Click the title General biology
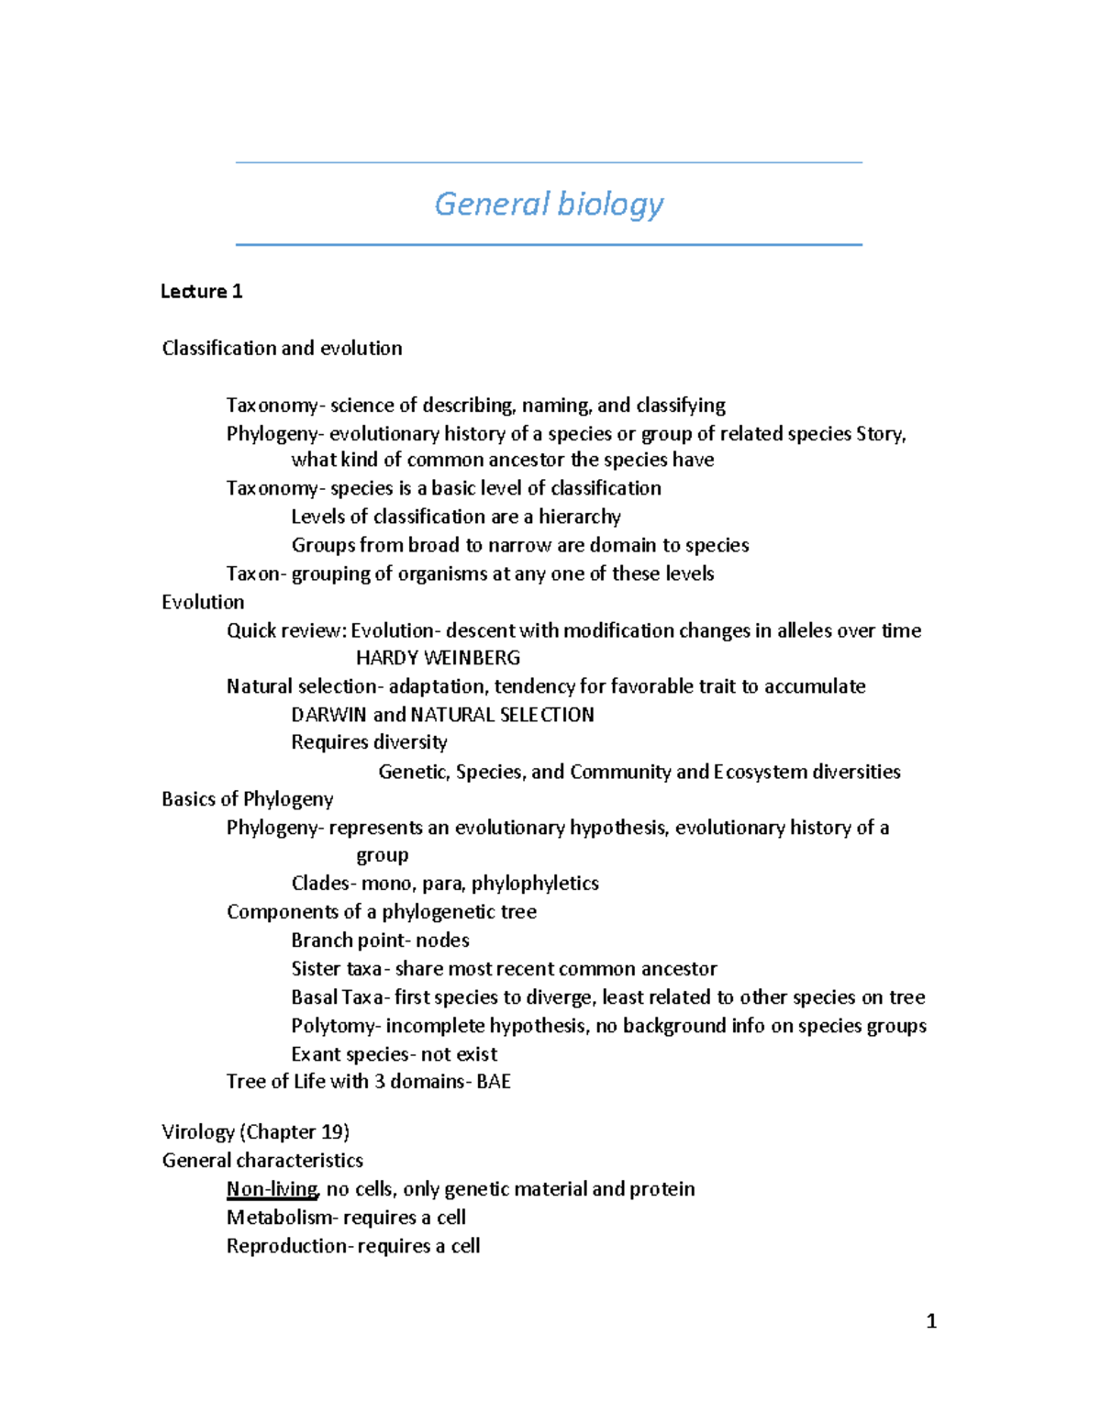click(549, 204)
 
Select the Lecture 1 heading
click(201, 292)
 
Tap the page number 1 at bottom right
click(931, 1321)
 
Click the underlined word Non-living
click(272, 1189)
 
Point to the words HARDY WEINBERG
click(438, 658)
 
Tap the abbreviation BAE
click(494, 1082)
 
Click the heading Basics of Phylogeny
click(247, 799)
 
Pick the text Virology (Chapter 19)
click(255, 1132)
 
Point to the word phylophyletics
click(535, 884)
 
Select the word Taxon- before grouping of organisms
click(256, 573)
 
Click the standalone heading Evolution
click(203, 602)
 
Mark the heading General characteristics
click(262, 1161)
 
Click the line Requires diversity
click(369, 742)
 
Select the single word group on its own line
click(382, 856)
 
